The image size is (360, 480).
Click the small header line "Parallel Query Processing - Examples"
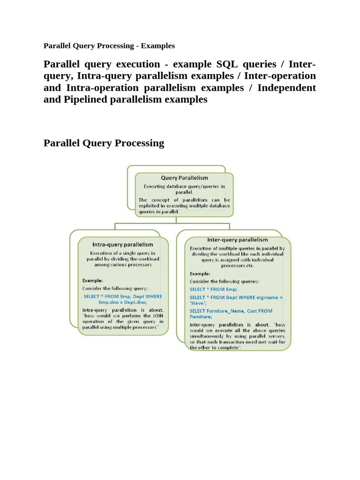point(109,46)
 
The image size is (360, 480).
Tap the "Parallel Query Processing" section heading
point(104,143)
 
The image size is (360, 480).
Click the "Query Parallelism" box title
point(184,178)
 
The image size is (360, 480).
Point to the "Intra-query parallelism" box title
point(123,244)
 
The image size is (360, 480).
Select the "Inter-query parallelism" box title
point(237,240)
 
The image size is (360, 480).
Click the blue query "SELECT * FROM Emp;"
point(213,289)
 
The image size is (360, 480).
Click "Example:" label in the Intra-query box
point(93,280)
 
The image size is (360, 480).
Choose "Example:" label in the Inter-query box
point(200,273)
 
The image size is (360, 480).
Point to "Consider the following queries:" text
point(224,281)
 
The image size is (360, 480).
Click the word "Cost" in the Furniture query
point(262,311)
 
